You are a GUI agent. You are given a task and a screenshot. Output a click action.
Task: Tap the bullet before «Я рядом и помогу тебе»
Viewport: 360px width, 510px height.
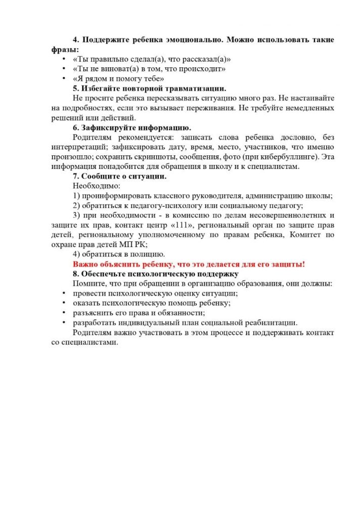pos(64,78)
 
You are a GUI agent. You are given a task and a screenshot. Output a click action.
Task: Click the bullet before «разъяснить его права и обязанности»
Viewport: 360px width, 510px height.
pos(64,313)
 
